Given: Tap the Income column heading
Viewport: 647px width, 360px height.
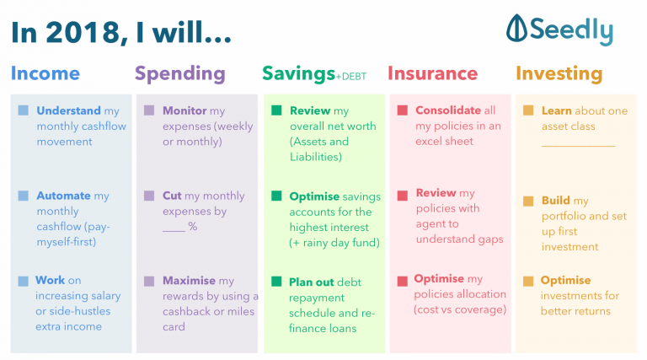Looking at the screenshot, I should click(45, 73).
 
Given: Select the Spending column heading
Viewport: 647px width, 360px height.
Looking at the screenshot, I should click(179, 73).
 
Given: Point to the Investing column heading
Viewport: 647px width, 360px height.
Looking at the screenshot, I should click(559, 73).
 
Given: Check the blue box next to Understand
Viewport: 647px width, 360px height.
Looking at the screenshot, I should click(23, 110).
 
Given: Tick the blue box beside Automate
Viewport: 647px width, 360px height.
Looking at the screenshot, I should click(23, 196).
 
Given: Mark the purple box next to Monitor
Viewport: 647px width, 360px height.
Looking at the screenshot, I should click(149, 110).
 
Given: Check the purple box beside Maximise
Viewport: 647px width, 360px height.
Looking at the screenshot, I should click(149, 281).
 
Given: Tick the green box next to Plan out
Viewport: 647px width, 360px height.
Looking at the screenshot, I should click(275, 281).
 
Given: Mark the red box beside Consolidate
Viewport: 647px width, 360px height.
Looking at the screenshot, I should click(402, 110).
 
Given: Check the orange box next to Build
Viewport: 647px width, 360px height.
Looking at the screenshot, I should click(528, 201).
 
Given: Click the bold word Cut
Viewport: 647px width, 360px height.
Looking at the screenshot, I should click(172, 196).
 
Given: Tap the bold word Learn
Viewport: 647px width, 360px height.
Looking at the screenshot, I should click(557, 110).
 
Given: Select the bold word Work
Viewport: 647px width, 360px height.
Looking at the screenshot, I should click(50, 281).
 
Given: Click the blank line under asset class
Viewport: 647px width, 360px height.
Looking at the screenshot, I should click(578, 144).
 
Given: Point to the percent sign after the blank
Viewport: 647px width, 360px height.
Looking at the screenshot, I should click(193, 226).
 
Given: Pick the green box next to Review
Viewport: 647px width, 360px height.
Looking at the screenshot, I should click(275, 110).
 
